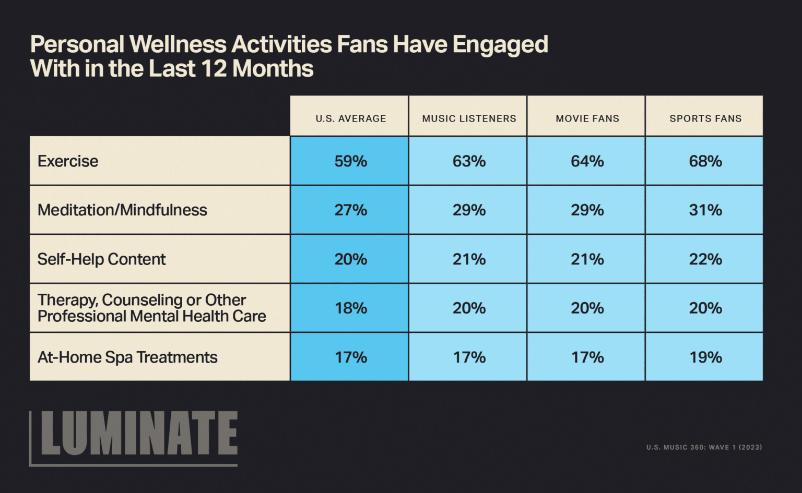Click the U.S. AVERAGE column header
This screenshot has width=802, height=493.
[x=350, y=118]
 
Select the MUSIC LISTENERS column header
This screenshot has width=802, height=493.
[x=469, y=118]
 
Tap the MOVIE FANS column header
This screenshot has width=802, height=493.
[x=587, y=118]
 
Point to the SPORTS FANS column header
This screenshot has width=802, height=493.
[x=705, y=118]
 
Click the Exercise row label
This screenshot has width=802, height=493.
[x=68, y=161]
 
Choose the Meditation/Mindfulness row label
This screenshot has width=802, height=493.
[x=122, y=210]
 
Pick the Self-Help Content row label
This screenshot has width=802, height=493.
[x=101, y=259]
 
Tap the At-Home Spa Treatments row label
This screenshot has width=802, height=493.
[x=127, y=357]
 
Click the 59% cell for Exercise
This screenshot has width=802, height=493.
[x=350, y=161]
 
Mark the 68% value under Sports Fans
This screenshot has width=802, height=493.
[x=705, y=161]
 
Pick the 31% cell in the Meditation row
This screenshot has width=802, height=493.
[x=705, y=210]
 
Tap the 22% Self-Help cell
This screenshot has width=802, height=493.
[x=705, y=259]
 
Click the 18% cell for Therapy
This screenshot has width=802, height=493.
[x=350, y=308]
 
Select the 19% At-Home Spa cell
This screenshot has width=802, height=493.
[x=705, y=357]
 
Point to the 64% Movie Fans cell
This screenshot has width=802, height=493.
[x=587, y=161]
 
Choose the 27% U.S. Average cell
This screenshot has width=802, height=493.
[x=350, y=210]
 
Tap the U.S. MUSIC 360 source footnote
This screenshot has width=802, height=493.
[x=704, y=447]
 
